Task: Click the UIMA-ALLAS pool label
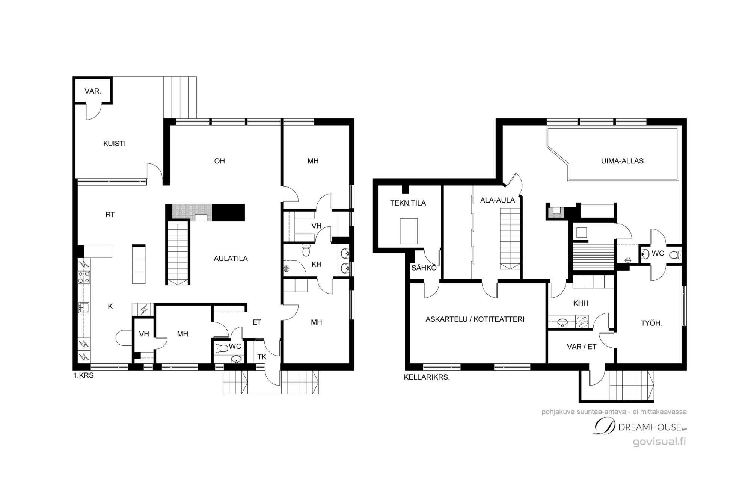click(x=622, y=161)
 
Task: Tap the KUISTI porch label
click(x=115, y=143)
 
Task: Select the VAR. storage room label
click(x=93, y=91)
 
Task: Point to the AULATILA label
click(x=231, y=259)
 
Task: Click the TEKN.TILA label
click(x=408, y=203)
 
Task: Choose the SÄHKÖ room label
click(x=424, y=268)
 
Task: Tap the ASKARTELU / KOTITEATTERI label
click(x=475, y=319)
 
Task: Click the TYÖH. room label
click(x=651, y=323)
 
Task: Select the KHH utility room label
click(x=581, y=303)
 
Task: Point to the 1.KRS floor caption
click(x=83, y=375)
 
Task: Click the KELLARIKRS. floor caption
click(x=427, y=377)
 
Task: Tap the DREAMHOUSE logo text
click(x=650, y=427)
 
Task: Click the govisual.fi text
click(x=659, y=442)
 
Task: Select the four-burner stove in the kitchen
click(x=83, y=277)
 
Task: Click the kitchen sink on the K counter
click(x=83, y=307)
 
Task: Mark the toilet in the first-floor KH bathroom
click(x=306, y=250)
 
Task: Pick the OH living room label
click(x=219, y=161)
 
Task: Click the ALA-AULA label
click(x=498, y=200)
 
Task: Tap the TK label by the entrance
click(x=262, y=357)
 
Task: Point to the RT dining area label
click(x=110, y=215)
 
